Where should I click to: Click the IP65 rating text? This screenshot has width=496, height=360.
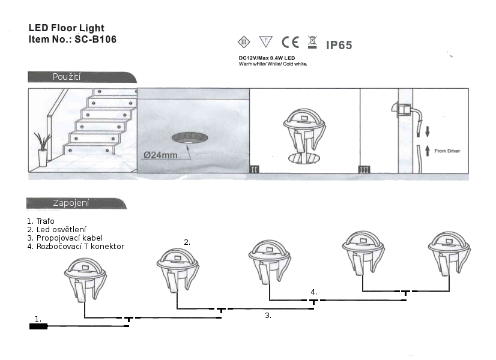(339, 45)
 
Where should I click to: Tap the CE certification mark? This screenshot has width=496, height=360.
(291, 42)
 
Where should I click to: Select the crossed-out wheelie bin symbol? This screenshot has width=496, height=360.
(312, 42)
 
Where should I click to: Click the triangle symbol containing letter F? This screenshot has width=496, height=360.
(265, 41)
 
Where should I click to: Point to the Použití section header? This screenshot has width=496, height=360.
(67, 77)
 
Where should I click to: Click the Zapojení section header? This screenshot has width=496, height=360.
(71, 203)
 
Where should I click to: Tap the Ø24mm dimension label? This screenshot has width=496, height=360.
(160, 154)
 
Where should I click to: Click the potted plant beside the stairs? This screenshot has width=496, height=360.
(43, 149)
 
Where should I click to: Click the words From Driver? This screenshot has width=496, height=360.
(447, 151)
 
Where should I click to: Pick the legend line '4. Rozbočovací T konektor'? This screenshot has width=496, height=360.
(76, 246)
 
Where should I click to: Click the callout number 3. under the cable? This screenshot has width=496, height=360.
(268, 314)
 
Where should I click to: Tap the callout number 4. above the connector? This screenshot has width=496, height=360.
(313, 292)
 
